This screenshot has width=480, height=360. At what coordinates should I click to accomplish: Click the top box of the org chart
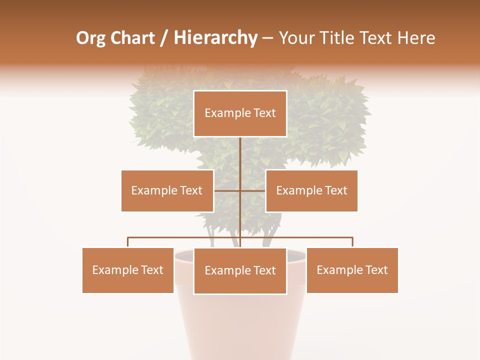coord(240,113)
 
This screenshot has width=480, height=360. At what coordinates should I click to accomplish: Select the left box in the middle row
coord(167,190)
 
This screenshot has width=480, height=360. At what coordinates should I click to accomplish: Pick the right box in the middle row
coord(311,190)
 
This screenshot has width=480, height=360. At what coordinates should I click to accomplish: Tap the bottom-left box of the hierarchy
coord(128,270)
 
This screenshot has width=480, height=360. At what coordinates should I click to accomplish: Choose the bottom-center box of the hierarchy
coord(240,270)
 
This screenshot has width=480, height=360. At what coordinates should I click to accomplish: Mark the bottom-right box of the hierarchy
coord(352,270)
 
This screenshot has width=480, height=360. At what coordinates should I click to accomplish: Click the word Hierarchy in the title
coord(215,38)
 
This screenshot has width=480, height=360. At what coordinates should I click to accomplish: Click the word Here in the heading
coord(416,38)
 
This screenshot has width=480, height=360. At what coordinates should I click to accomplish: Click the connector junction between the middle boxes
coord(240,190)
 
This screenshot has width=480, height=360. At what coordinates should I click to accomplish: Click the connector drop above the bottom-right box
coord(352,242)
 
